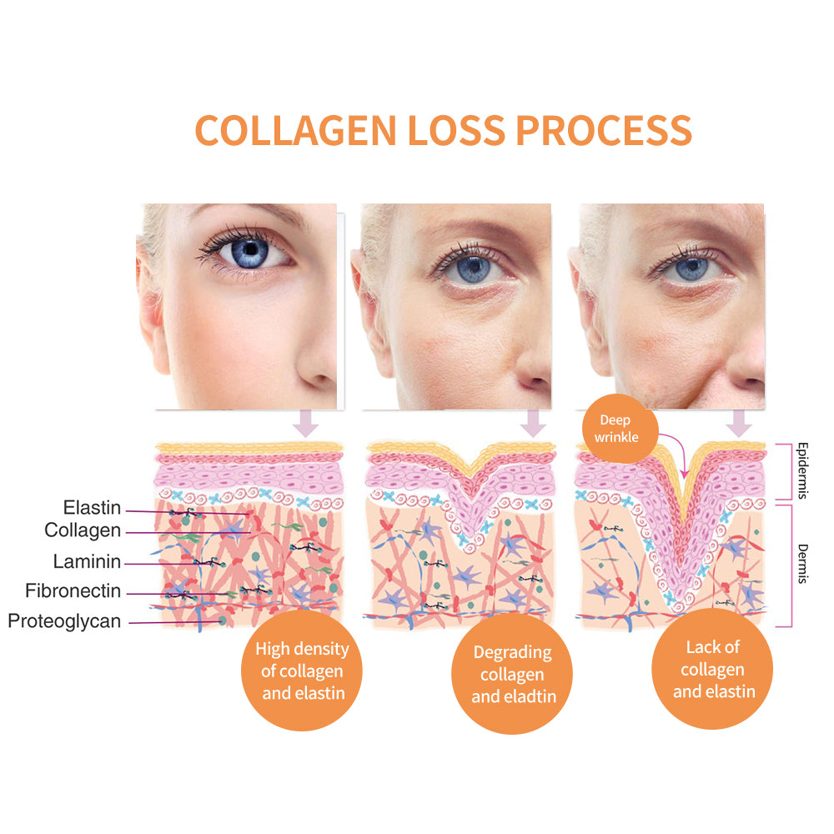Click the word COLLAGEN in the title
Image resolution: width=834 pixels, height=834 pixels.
296,130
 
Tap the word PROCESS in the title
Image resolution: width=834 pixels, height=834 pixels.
604,130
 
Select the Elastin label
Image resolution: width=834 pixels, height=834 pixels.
92,507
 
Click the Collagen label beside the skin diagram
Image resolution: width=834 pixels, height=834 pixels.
83,530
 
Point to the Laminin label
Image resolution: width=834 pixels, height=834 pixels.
87,561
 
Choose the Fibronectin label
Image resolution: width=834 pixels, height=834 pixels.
73,590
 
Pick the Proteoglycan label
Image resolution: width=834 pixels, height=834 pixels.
64,621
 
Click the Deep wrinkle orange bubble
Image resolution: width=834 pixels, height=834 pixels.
620,428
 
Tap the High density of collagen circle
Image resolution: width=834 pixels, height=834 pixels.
302,671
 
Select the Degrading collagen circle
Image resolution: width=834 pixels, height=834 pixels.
512,674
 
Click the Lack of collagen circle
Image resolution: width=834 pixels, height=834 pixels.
713,669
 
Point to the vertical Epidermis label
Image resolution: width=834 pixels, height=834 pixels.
802,470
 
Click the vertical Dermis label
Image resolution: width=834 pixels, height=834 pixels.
802,564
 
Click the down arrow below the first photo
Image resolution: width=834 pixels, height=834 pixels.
306,424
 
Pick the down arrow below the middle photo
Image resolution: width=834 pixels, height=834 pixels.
533,424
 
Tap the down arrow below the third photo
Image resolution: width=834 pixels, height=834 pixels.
739,424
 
